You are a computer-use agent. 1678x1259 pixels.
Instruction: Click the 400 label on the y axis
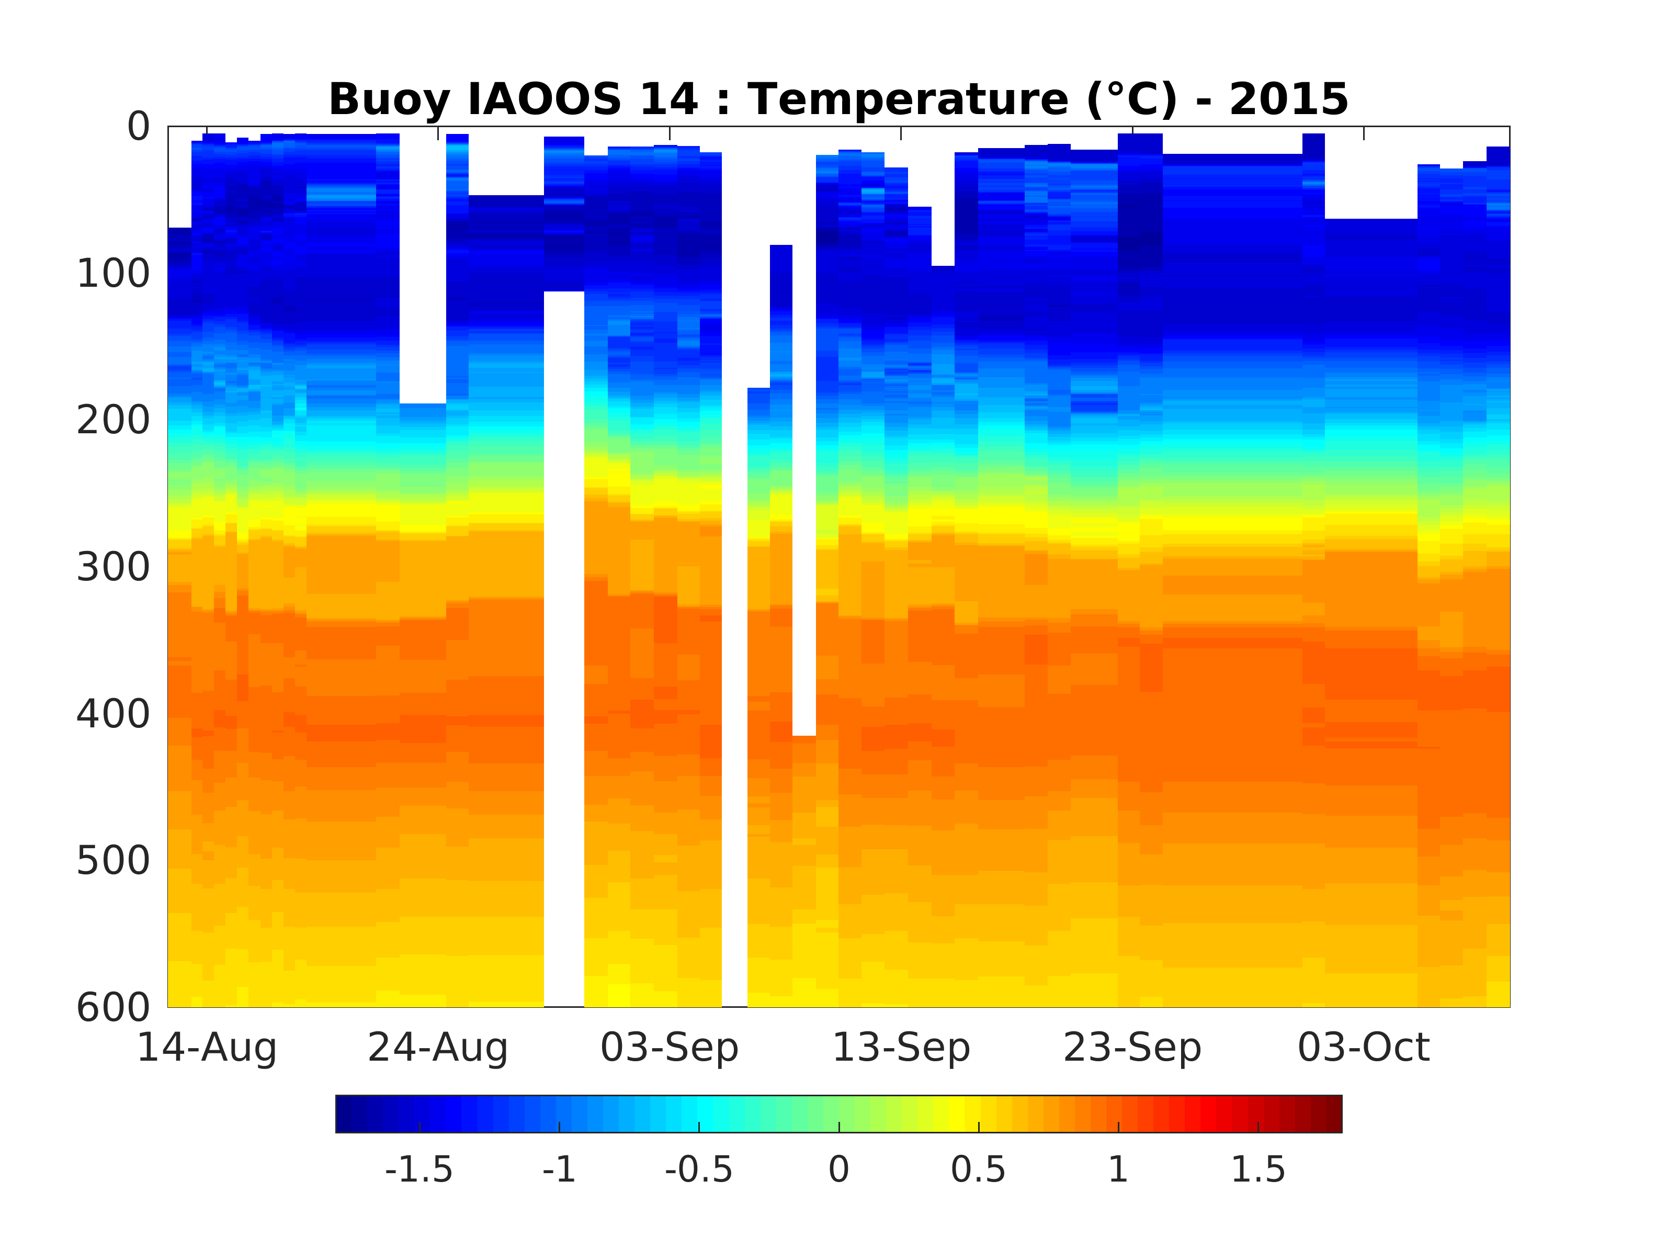click(x=114, y=714)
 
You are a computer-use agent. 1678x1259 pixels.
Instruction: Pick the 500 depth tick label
click(x=114, y=861)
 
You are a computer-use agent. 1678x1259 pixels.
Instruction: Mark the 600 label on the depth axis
click(x=114, y=1007)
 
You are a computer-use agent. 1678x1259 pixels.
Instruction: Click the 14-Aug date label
click(x=206, y=1048)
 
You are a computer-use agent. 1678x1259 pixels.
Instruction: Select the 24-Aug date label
click(x=438, y=1048)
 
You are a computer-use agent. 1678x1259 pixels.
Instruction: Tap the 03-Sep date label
click(x=669, y=1048)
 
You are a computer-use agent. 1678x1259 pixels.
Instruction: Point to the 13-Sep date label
click(x=901, y=1048)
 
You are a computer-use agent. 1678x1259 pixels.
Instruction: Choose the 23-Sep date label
click(x=1132, y=1048)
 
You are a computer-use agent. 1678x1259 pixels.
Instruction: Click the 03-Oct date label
click(x=1364, y=1048)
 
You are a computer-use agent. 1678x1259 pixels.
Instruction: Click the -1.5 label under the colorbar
click(x=419, y=1170)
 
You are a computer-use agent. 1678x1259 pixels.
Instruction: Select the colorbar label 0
click(x=839, y=1170)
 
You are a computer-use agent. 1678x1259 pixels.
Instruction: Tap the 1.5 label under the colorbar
click(x=1258, y=1170)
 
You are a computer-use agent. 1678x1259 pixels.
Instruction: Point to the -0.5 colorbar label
click(x=699, y=1170)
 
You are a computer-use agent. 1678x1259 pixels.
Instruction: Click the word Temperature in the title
click(x=910, y=100)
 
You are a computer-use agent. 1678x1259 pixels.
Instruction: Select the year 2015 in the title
click(x=1289, y=100)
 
